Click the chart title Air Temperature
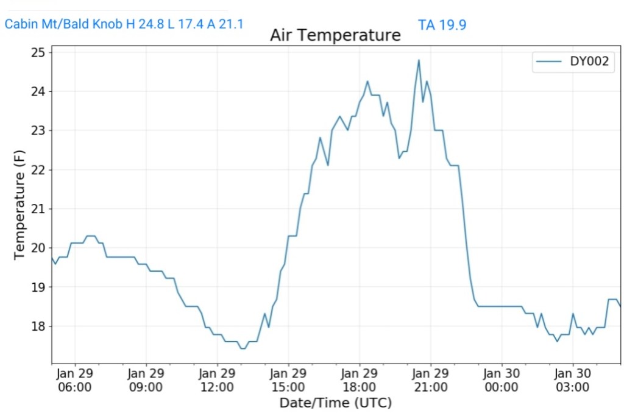click(x=335, y=35)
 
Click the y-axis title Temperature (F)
click(x=19, y=204)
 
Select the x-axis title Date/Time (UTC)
click(x=335, y=403)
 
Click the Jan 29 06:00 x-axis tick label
click(x=75, y=380)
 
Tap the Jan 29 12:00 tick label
click(x=217, y=380)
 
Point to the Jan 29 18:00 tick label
click(x=359, y=380)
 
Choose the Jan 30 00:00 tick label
click(x=501, y=380)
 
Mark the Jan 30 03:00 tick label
click(x=572, y=380)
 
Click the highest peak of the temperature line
click(x=419, y=60)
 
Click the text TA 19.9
click(x=442, y=25)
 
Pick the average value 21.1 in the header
click(x=230, y=24)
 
